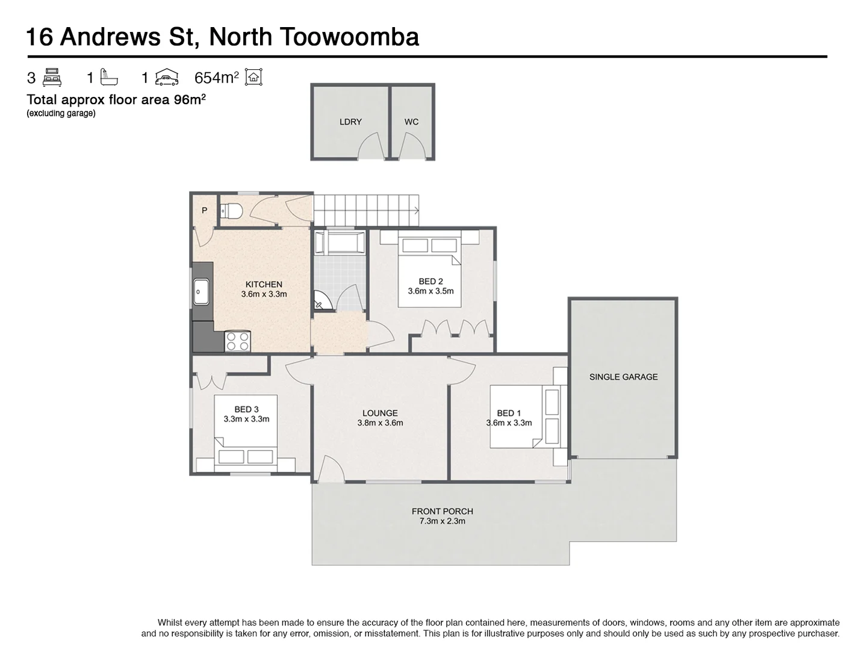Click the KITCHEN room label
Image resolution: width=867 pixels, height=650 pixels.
[264, 285]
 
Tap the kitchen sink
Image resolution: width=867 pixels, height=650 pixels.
[200, 292]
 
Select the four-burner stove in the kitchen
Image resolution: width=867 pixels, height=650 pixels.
[237, 342]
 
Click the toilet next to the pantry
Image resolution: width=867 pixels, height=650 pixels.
[231, 211]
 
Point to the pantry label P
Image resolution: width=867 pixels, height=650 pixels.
[205, 211]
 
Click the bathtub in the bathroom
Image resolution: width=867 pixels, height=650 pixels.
[340, 243]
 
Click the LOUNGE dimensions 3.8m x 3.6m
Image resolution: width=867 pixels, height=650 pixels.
[380, 423]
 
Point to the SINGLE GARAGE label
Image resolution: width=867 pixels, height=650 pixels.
[623, 377]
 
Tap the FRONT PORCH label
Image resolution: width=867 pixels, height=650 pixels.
[442, 511]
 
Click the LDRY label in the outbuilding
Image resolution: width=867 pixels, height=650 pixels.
[350, 122]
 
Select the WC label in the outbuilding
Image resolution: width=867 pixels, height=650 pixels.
[411, 122]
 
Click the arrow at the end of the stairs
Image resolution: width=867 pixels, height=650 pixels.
[415, 210]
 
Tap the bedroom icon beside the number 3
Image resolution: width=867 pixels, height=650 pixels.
[52, 78]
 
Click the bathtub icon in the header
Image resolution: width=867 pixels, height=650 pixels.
[110, 77]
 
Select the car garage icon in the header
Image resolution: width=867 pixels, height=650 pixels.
[167, 77]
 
